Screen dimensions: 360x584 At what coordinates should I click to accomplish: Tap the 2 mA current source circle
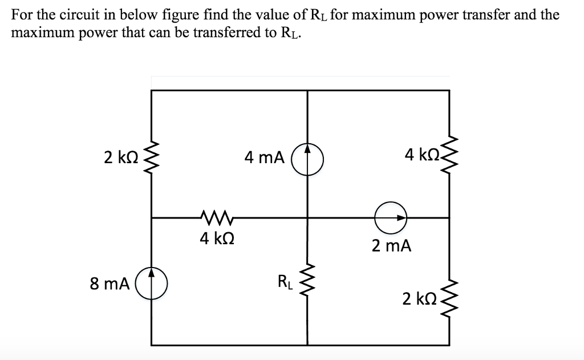[391, 217]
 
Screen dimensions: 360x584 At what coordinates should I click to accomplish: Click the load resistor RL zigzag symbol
[308, 282]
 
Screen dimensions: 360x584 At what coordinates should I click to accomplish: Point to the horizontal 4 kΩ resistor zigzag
[215, 217]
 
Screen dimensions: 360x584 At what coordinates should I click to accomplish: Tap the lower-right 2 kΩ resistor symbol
[449, 298]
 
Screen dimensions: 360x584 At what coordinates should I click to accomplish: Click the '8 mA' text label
[110, 283]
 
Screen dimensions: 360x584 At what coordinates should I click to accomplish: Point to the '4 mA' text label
[264, 157]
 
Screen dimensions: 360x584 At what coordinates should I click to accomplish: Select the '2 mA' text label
[391, 246]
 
